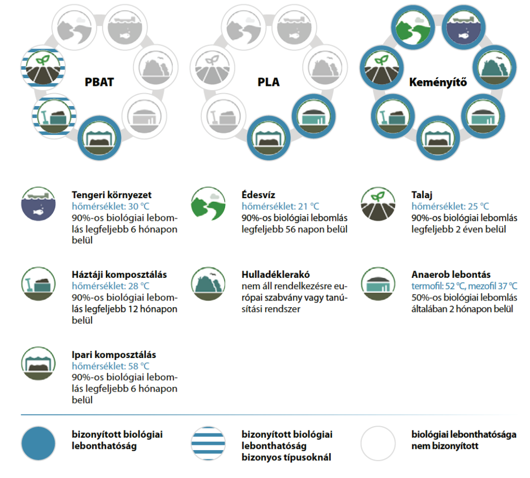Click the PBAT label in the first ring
(x=100, y=82)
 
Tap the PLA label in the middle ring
(x=268, y=82)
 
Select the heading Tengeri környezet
(x=111, y=196)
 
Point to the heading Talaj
(x=422, y=196)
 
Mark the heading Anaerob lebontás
(x=451, y=274)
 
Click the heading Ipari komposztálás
(x=114, y=355)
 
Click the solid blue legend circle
(x=38, y=443)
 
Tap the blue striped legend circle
(x=208, y=443)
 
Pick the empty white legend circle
(x=378, y=443)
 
